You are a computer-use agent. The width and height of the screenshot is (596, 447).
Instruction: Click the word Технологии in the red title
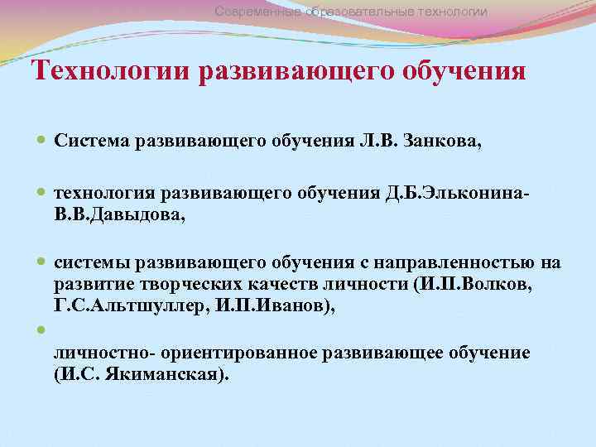click(x=111, y=71)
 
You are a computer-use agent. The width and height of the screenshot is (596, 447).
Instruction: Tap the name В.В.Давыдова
click(x=120, y=214)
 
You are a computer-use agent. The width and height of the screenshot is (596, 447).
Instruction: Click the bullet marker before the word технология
click(x=41, y=193)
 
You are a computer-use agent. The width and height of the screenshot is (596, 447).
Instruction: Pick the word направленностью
click(x=460, y=263)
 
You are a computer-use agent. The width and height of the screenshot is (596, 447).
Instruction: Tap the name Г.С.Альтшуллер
click(x=113, y=307)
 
